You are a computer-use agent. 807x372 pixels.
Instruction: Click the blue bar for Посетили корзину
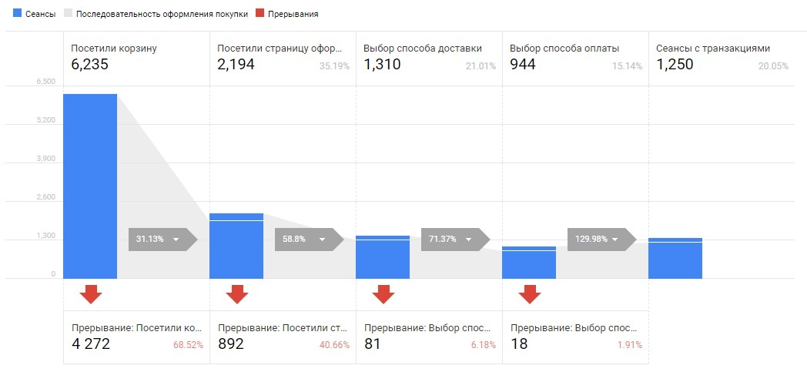(90, 186)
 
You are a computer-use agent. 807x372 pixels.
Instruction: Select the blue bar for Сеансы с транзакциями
(675, 258)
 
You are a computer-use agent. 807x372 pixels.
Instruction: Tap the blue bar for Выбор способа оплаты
(529, 263)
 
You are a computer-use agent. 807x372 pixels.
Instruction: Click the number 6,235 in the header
(90, 65)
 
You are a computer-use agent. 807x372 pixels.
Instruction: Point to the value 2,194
(236, 65)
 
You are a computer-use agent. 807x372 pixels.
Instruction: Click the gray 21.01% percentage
(481, 66)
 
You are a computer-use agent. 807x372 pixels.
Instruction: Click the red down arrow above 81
(383, 293)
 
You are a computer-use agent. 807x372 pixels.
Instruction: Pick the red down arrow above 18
(529, 293)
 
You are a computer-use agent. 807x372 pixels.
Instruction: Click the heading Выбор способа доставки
(423, 48)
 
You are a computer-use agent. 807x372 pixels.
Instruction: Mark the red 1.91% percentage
(629, 345)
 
